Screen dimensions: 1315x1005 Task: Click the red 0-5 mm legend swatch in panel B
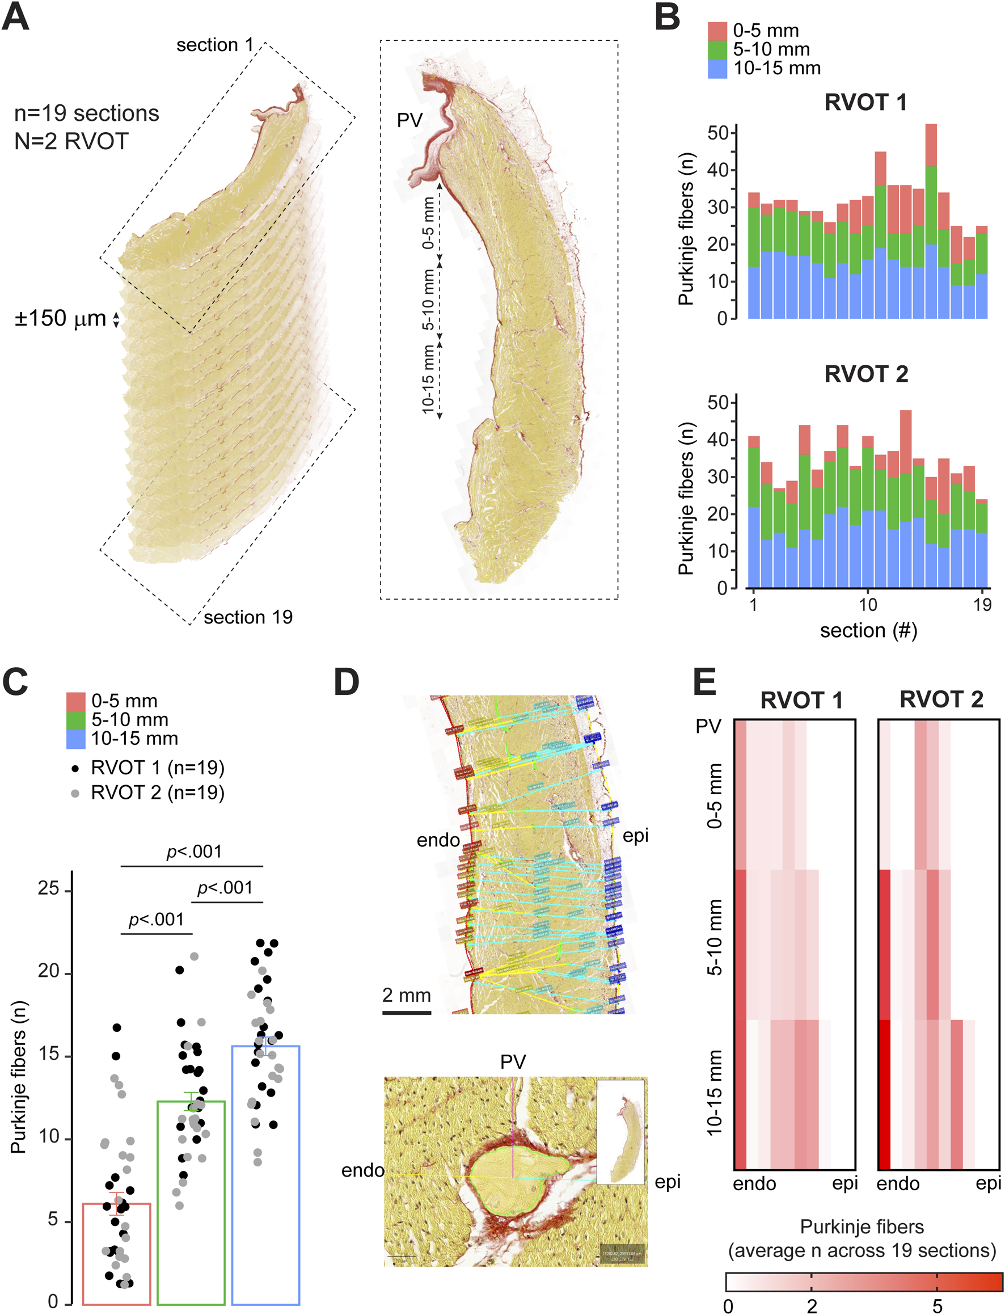[717, 31]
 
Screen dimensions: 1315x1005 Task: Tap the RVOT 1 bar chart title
[865, 102]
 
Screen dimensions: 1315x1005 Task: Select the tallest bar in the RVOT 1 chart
[931, 221]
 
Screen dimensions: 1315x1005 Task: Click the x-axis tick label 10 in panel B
[867, 604]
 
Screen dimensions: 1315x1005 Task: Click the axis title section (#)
[868, 631]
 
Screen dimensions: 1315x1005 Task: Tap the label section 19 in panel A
[248, 617]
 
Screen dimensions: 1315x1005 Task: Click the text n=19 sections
[87, 113]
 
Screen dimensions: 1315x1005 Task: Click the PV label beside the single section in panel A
[410, 120]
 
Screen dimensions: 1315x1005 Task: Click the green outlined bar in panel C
[191, 1203]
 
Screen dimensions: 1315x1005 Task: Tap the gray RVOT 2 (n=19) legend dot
[75, 793]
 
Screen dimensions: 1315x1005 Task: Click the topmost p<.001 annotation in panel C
[194, 852]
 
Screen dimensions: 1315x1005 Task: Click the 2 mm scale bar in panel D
[407, 1012]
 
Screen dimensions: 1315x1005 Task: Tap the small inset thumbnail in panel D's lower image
[621, 1131]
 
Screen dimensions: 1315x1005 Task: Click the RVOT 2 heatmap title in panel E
[941, 699]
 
